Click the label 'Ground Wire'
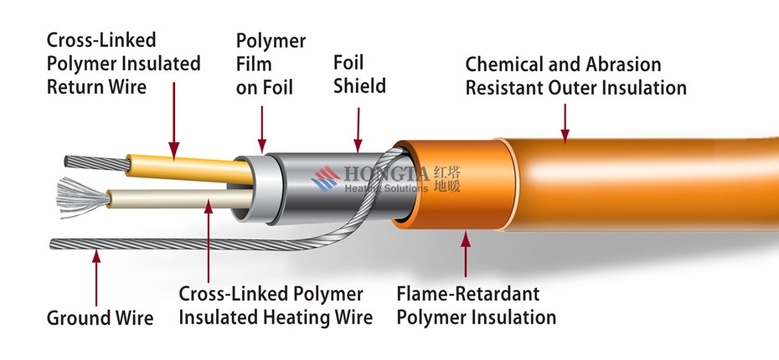click(100, 318)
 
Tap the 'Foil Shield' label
click(359, 74)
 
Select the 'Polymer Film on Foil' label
click(271, 64)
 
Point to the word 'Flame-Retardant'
click(467, 294)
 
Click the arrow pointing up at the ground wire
click(96, 278)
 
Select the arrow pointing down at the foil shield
click(359, 130)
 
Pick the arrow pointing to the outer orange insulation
click(565, 123)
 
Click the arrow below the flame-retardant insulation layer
click(466, 254)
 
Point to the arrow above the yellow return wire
click(174, 121)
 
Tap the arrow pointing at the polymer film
click(262, 129)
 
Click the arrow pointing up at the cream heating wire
click(209, 240)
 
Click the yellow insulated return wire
click(189, 168)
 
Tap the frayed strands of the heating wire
click(82, 198)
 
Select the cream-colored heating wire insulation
click(180, 199)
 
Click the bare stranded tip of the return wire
click(96, 162)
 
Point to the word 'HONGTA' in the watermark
click(386, 174)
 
